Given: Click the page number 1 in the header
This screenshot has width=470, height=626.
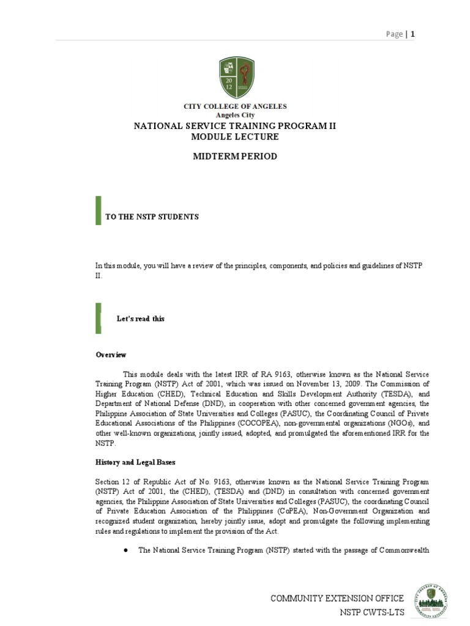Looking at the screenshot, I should pos(413,34).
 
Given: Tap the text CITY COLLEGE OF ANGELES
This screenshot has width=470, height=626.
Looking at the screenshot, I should pos(236,106).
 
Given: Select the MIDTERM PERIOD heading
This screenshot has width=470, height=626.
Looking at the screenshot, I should pos(236,156).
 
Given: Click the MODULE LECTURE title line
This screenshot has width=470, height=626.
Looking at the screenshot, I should pos(236,136).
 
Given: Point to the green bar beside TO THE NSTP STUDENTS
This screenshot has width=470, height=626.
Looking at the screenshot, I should pos(98,211).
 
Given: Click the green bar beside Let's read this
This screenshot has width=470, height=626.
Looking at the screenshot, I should pos(98,317).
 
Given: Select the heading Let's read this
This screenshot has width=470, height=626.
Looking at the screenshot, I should pos(141,319).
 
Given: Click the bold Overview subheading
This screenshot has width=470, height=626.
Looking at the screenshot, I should pos(111,355).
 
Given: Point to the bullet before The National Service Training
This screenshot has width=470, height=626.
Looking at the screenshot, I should pos(125,550).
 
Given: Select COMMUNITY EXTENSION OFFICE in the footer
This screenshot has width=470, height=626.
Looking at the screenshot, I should pos(337,598).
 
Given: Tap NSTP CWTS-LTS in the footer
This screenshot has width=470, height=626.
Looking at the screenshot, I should pos(371,612).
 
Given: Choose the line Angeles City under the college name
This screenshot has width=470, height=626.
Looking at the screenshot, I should pos(236,115).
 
